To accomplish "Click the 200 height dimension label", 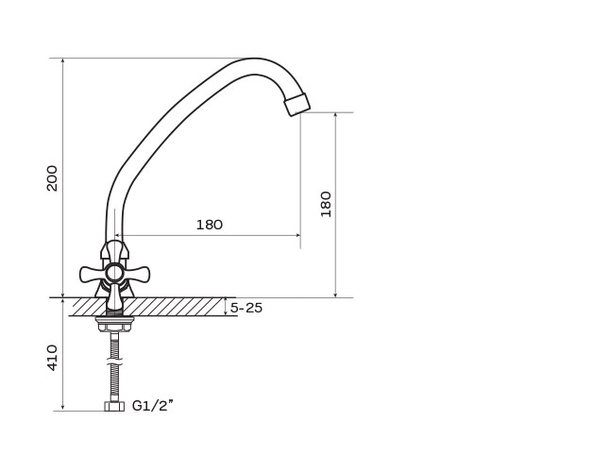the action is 52,178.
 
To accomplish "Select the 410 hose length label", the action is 52,358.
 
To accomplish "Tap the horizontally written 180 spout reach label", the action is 210,225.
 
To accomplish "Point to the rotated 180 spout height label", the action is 326,204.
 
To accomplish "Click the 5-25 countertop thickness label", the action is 246,308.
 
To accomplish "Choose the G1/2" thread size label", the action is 153,406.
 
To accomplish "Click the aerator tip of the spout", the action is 297,104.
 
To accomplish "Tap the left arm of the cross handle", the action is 93,274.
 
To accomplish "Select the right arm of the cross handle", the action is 136,274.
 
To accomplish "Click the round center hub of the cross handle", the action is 114,272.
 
